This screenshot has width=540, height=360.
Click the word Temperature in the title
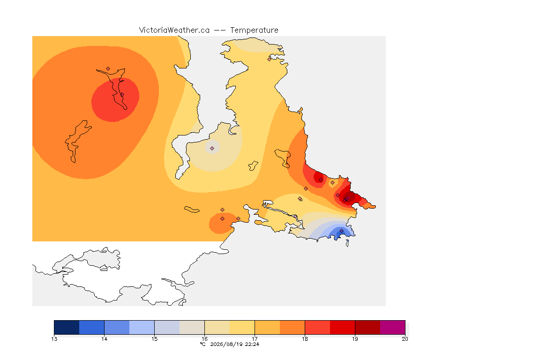click(x=254, y=30)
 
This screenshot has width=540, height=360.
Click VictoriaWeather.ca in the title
click(x=174, y=30)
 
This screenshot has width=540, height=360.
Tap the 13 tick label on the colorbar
click(x=54, y=339)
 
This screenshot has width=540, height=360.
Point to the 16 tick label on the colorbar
click(x=204, y=339)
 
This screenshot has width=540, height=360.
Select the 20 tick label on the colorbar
click(x=405, y=339)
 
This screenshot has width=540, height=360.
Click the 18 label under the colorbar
click(x=305, y=339)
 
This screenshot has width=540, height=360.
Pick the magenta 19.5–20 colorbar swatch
click(x=393, y=327)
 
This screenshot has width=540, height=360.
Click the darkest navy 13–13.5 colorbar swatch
click(x=67, y=327)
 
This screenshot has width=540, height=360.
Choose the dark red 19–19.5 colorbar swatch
click(x=367, y=327)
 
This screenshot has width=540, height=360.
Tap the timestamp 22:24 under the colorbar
click(x=252, y=344)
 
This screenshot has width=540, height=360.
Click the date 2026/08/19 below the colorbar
click(x=226, y=344)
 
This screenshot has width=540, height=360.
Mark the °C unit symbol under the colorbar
click(x=203, y=344)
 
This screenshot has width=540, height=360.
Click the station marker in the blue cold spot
click(x=341, y=231)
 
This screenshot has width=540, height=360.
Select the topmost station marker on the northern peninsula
click(x=270, y=59)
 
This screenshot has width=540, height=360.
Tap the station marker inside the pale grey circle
click(x=212, y=148)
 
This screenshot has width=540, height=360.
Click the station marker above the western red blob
click(x=108, y=69)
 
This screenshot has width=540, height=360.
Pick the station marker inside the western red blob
click(x=122, y=94)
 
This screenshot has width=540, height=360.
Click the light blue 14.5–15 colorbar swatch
click(x=142, y=327)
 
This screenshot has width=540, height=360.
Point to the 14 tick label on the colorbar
click(x=105, y=339)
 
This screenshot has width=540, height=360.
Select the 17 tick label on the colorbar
click(x=255, y=339)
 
